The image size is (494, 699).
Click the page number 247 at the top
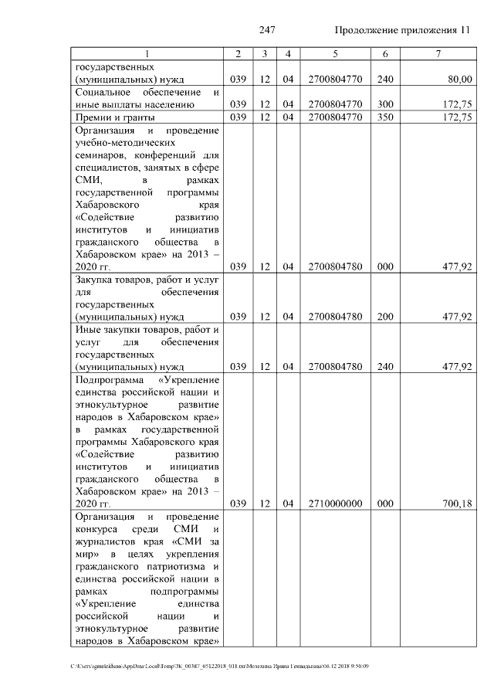click(268, 30)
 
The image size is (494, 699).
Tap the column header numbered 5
click(335, 53)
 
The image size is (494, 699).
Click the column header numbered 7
click(438, 53)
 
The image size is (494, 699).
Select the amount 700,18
click(457, 504)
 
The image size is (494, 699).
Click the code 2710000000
click(335, 504)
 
